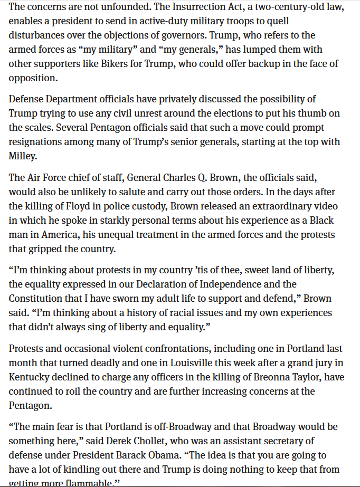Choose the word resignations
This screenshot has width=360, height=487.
click(x=37, y=142)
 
